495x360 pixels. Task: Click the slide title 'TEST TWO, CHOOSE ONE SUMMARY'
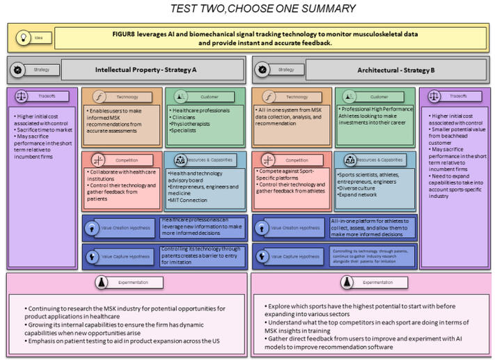tap(263, 9)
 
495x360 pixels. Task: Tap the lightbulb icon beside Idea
tap(22, 38)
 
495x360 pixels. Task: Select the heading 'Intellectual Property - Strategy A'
tap(146, 70)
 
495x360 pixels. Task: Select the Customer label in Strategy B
tap(378, 97)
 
